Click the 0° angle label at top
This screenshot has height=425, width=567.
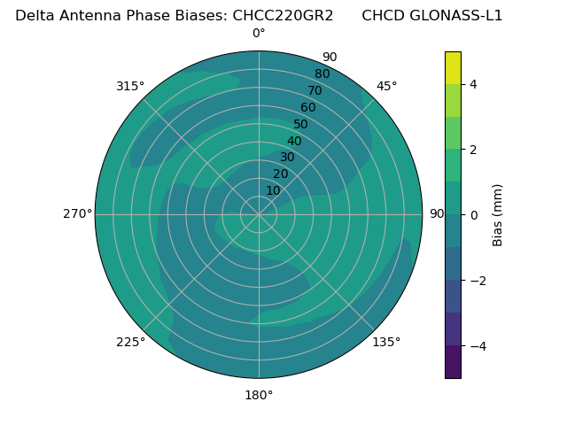pos(259,34)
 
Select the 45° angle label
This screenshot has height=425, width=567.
pos(386,86)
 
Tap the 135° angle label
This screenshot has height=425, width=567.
pos(386,342)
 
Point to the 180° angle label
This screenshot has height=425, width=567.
pos(259,395)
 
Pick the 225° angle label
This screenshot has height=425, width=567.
pos(130,342)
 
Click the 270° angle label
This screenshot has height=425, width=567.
pos(77,214)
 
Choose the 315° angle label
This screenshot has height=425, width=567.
pos(130,86)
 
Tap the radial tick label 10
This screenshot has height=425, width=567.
pos(273,190)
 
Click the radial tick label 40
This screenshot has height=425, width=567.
pos(294,141)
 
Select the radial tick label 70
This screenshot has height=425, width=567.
pos(315,90)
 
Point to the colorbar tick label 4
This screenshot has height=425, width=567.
pos(474,84)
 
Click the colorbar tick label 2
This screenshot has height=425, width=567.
pos(474,150)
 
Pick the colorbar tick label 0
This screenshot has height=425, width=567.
pos(474,215)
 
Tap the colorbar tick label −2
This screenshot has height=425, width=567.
pos(477,281)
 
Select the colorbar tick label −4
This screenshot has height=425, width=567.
pos(477,346)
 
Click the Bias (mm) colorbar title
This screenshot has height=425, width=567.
pos(498,214)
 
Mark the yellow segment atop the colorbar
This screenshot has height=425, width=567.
pos(453,67)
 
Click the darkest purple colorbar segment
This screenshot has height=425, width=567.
pos(453,362)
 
